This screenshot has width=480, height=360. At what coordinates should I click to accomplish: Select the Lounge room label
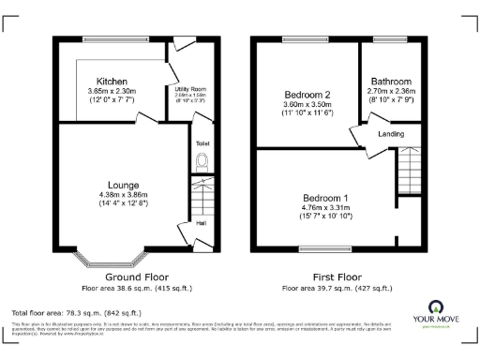point(125,185)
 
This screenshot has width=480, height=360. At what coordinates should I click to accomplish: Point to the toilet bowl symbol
point(201,160)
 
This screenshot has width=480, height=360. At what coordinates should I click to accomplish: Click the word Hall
point(201,223)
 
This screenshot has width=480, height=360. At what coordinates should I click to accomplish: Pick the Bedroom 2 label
point(308,96)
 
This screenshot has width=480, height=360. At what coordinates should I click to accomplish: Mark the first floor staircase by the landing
point(408,169)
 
